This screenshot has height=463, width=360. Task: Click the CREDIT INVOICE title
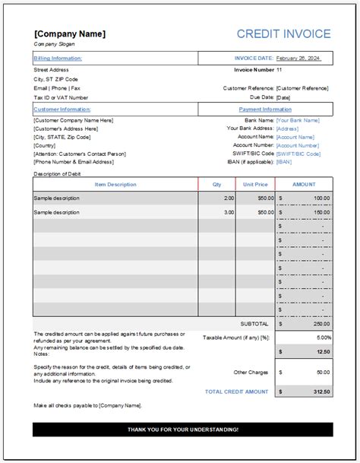pos(284,34)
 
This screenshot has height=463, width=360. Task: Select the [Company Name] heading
pos(70,34)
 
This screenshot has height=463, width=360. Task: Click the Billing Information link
pos(58,58)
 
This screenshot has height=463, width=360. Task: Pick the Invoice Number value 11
pos(279,69)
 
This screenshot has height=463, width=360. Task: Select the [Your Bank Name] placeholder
pos(298,120)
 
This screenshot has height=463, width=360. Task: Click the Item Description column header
pos(115,185)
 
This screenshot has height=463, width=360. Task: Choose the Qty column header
pos(217,185)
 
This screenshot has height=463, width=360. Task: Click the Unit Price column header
pos(255,185)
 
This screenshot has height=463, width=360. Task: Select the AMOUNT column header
pos(303,185)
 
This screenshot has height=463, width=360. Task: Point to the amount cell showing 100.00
pos(321,198)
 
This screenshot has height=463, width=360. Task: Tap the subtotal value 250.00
pos(321,324)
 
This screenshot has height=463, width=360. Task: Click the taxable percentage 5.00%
pos(322,337)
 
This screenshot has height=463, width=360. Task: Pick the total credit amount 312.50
pos(321,392)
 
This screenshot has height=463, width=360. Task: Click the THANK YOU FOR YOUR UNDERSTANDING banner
pos(182,430)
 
